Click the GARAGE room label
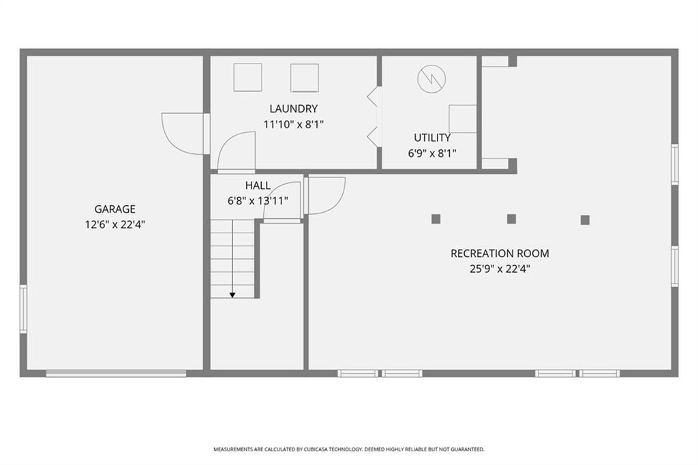[115, 209]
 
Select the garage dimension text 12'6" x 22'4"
[115, 224]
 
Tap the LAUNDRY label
[293, 108]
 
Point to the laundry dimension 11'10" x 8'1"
[293, 124]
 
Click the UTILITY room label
[432, 138]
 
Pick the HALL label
[258, 185]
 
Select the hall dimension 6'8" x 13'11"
[258, 200]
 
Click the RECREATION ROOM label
[499, 254]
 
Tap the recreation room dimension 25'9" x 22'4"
[499, 269]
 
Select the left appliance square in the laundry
[247, 77]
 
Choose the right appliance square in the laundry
[305, 77]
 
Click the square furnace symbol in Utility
[463, 119]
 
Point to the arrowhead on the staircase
[232, 295]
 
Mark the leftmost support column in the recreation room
[436, 219]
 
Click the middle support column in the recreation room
[511, 219]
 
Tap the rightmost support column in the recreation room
[585, 220]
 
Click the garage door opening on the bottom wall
[116, 373]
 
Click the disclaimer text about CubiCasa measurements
[349, 449]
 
